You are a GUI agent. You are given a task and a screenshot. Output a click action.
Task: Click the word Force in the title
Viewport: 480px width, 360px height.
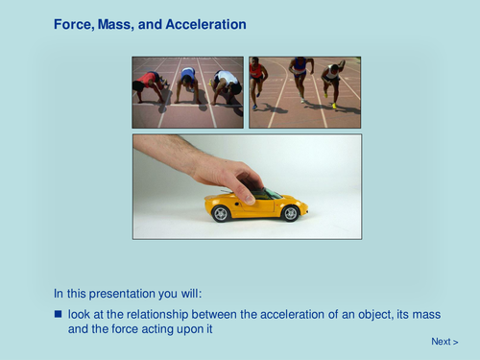74,23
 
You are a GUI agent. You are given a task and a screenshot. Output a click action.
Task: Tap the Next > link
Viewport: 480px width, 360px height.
444,342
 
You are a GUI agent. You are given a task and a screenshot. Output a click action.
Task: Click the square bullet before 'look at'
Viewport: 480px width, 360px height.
59,314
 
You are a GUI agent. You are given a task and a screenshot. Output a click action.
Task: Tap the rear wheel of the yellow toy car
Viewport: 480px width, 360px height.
222,214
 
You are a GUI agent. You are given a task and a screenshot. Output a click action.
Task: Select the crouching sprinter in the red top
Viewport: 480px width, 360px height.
151,83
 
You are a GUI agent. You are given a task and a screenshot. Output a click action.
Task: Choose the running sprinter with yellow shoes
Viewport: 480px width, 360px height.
332,82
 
